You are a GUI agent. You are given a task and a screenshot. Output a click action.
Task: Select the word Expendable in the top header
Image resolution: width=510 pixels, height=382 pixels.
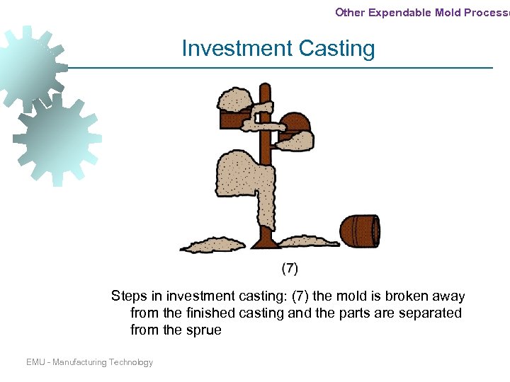[399, 12]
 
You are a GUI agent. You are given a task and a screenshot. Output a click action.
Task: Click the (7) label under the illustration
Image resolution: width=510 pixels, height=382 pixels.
[290, 268]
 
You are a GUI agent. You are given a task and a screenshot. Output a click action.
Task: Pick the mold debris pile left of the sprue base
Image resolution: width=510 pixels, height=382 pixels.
[212, 245]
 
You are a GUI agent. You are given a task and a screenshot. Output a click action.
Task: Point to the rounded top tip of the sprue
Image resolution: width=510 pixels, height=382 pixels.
[265, 88]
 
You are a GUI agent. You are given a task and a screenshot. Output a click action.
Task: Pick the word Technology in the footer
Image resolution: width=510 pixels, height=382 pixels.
[130, 362]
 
